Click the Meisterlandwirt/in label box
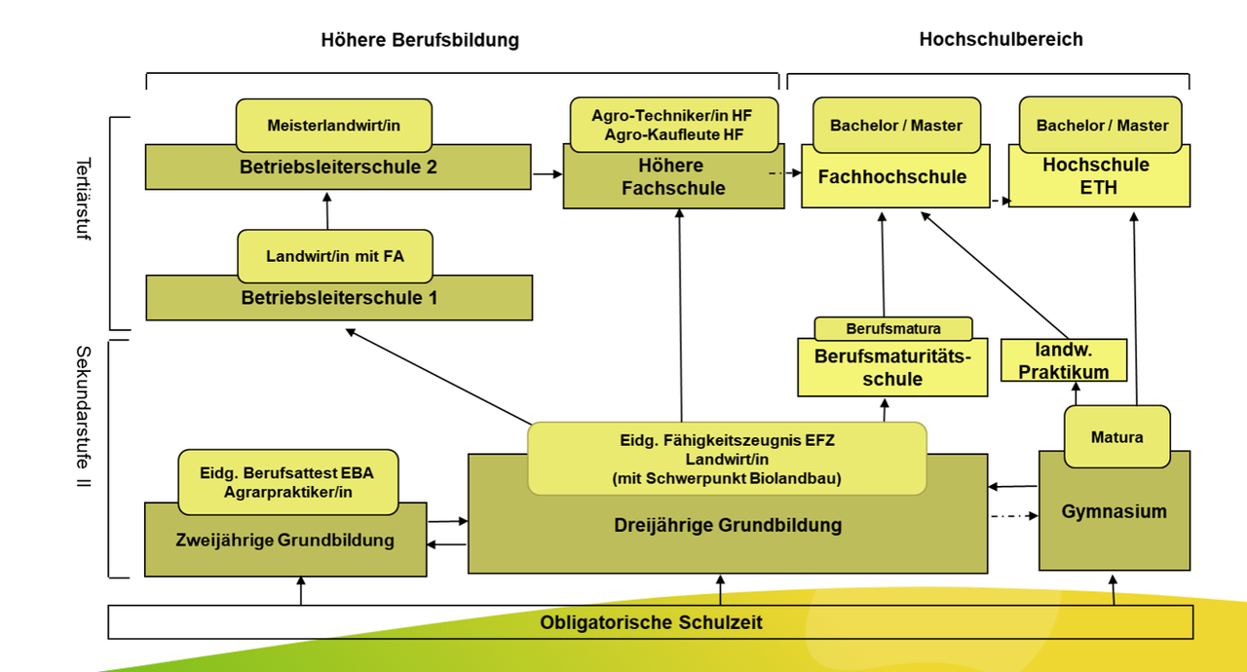coord(333,126)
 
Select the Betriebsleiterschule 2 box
coord(338,168)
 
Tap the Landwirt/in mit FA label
coord(334,257)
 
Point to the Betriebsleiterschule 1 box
coord(338,298)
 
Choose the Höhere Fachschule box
coord(673,178)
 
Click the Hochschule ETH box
coord(1097,177)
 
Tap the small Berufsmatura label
coord(892,328)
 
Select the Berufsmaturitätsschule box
coord(891,368)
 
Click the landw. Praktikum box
coord(1063,359)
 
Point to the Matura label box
coord(1115,437)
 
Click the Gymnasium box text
coord(1114,511)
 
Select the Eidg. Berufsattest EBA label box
coord(287,482)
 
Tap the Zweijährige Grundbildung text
coord(284,541)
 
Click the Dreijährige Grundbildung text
coord(727,526)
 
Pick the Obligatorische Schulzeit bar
coord(650,622)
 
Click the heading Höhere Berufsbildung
coord(420,40)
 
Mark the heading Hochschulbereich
coord(1001,39)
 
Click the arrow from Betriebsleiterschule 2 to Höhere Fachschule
coord(548,173)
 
